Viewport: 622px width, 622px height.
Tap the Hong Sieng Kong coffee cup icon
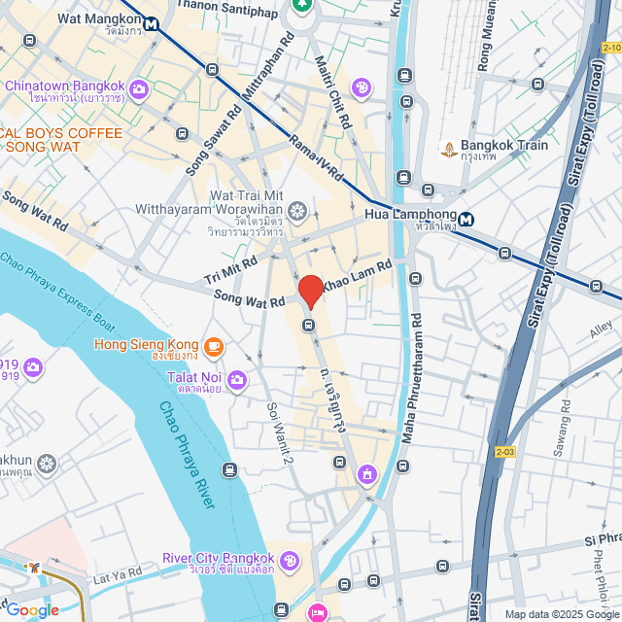click(x=213, y=345)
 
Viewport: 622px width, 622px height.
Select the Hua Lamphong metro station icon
click(x=467, y=219)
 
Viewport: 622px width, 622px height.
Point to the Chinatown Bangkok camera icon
click(x=138, y=89)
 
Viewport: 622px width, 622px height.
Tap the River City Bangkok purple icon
click(x=290, y=561)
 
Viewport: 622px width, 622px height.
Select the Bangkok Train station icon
click(x=449, y=149)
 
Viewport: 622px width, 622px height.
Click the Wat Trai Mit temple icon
click(x=298, y=211)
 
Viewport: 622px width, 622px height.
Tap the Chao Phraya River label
click(x=187, y=454)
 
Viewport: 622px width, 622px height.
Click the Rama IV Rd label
click(x=317, y=157)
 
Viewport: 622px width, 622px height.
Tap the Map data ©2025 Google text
click(x=561, y=613)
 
